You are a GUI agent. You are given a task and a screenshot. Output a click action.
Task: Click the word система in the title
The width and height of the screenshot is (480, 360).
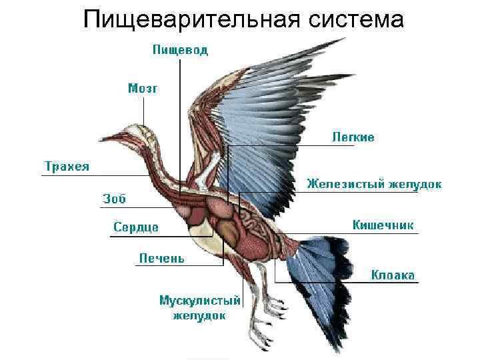(357, 20)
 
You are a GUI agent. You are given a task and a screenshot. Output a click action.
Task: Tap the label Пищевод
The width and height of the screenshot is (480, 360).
(180, 50)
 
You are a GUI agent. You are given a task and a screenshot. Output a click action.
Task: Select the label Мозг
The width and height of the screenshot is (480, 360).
(143, 89)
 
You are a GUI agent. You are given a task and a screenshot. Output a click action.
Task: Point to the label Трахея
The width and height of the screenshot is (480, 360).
(67, 166)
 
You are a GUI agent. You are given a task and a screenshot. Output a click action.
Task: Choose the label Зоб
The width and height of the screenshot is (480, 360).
(114, 198)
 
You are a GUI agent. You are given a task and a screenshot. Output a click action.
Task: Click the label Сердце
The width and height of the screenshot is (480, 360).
(136, 227)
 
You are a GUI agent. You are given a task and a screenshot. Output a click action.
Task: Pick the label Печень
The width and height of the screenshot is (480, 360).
(161, 258)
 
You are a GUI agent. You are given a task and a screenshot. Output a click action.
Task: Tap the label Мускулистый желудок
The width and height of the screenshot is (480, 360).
(199, 308)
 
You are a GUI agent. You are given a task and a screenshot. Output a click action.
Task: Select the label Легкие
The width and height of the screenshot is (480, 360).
(353, 137)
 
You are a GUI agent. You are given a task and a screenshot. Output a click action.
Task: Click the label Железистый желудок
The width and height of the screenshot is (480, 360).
(373, 184)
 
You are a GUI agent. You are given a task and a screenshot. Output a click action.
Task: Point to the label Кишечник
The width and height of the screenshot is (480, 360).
(383, 225)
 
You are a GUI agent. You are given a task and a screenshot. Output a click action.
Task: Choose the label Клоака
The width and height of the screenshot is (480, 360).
(393, 275)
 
